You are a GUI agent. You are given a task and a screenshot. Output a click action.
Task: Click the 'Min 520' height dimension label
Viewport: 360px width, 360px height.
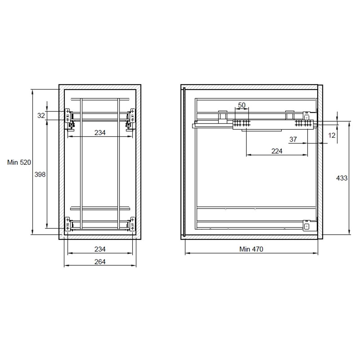click(x=19, y=162)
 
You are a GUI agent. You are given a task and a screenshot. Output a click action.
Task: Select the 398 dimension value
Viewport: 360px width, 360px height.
click(x=40, y=174)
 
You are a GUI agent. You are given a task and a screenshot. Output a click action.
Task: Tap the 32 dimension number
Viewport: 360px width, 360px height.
click(x=41, y=116)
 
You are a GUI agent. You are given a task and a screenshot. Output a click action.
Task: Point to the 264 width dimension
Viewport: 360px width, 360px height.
click(x=100, y=262)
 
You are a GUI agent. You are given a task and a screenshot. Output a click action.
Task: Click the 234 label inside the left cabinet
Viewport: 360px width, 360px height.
click(x=100, y=132)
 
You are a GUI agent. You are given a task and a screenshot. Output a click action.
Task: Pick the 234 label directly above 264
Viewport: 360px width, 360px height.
click(x=100, y=249)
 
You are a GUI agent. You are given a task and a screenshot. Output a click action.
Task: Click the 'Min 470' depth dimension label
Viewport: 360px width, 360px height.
click(x=251, y=249)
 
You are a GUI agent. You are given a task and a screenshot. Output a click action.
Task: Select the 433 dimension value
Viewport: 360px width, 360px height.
click(x=342, y=178)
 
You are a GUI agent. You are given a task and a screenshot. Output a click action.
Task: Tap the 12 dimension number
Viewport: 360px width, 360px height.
click(x=332, y=135)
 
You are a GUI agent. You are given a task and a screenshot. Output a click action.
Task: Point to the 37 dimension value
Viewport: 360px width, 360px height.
click(x=293, y=139)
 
